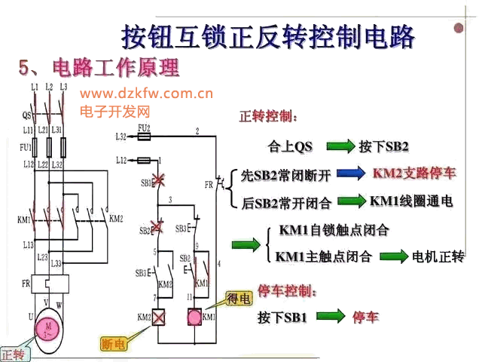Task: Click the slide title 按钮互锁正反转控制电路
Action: click(268, 36)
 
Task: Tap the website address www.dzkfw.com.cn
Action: click(146, 94)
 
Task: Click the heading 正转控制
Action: click(268, 117)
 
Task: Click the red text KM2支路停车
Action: click(413, 173)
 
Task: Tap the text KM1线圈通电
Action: click(410, 201)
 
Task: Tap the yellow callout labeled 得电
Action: click(239, 299)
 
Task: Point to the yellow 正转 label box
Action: click(14, 354)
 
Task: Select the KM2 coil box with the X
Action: click(160, 318)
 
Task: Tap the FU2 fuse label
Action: click(143, 128)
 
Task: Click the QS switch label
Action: click(26, 115)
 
